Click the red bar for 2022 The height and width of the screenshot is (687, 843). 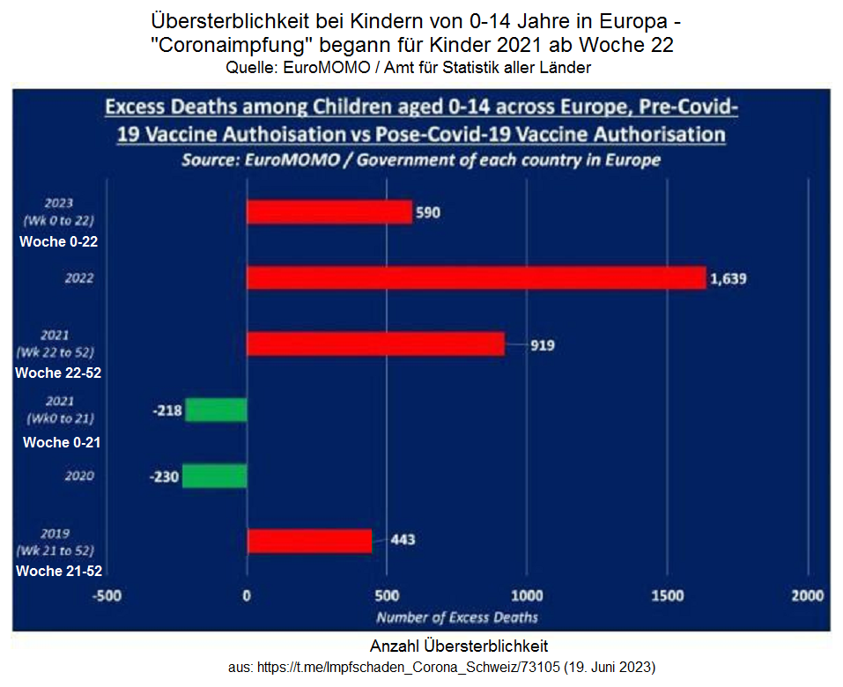tap(476, 278)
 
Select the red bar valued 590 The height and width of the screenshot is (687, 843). tap(329, 213)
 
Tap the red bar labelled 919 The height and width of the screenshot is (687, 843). tap(375, 344)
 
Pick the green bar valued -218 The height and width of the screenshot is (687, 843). tap(216, 410)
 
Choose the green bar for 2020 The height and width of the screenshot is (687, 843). tap(214, 476)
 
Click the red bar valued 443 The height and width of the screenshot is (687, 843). tap(309, 541)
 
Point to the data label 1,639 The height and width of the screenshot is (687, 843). tap(728, 279)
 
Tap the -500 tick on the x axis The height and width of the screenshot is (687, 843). tap(107, 596)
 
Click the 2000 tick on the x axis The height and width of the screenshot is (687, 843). tap(808, 596)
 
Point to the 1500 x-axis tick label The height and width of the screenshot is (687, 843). tap(668, 596)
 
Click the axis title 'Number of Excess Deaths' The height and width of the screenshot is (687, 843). tap(457, 617)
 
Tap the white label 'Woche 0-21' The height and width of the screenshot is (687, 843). tap(61, 442)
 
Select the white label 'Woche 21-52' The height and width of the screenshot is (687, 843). tap(58, 571)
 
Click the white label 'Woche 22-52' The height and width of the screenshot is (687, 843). tap(58, 373)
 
